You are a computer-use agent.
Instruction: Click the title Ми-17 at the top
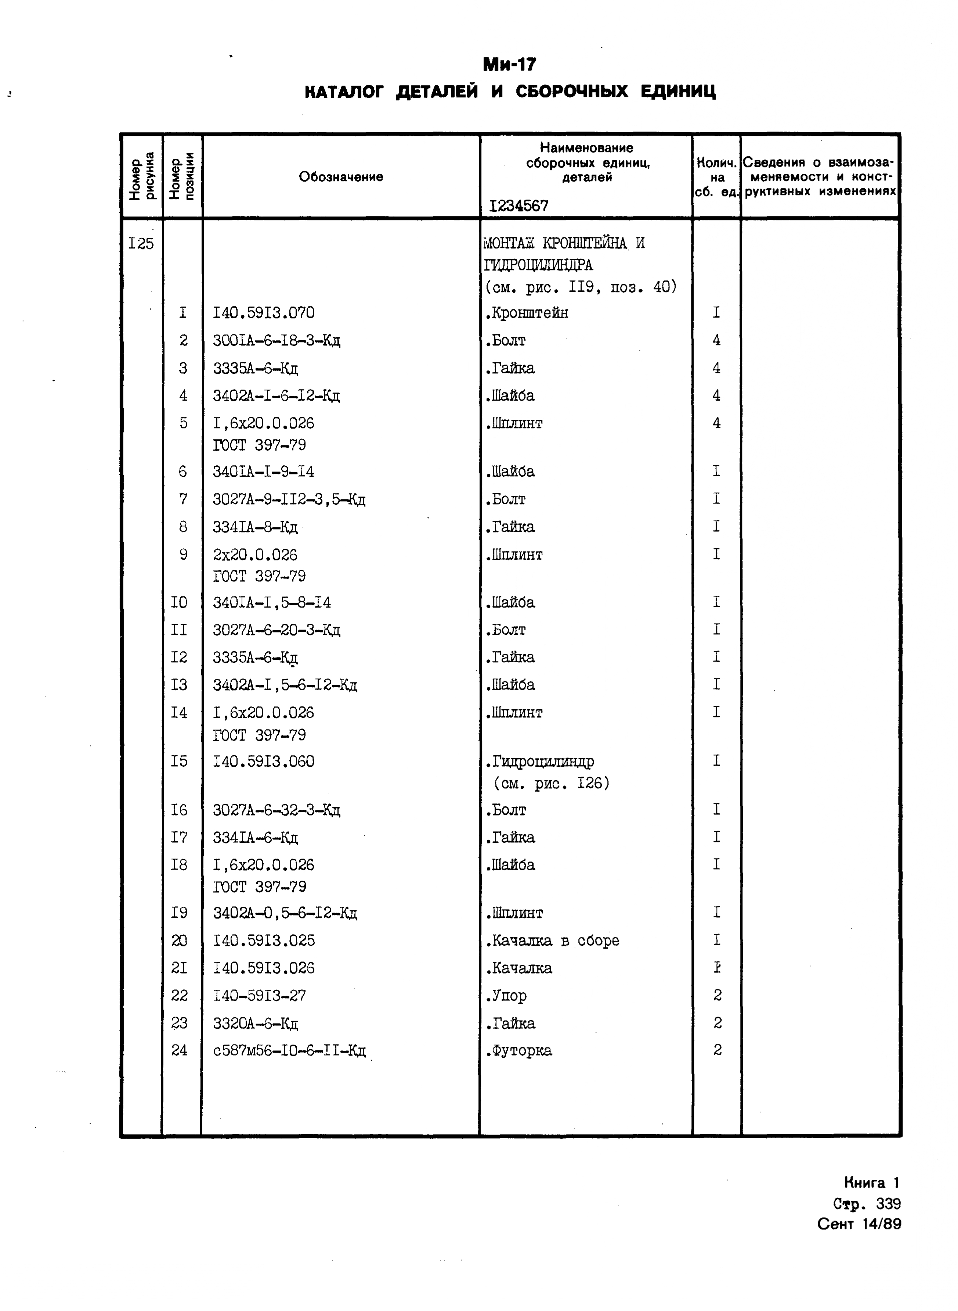510,64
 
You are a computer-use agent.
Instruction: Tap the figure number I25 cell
141,244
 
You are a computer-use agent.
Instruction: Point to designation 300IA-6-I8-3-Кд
276,341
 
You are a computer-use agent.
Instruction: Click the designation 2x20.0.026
255,555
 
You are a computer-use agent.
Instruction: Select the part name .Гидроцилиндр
539,762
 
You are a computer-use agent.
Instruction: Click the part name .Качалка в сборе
552,941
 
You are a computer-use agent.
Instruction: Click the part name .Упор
506,996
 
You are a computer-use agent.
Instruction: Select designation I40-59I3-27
259,996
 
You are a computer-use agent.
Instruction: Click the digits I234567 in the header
518,206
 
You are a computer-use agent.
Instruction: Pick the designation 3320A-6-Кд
255,1023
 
